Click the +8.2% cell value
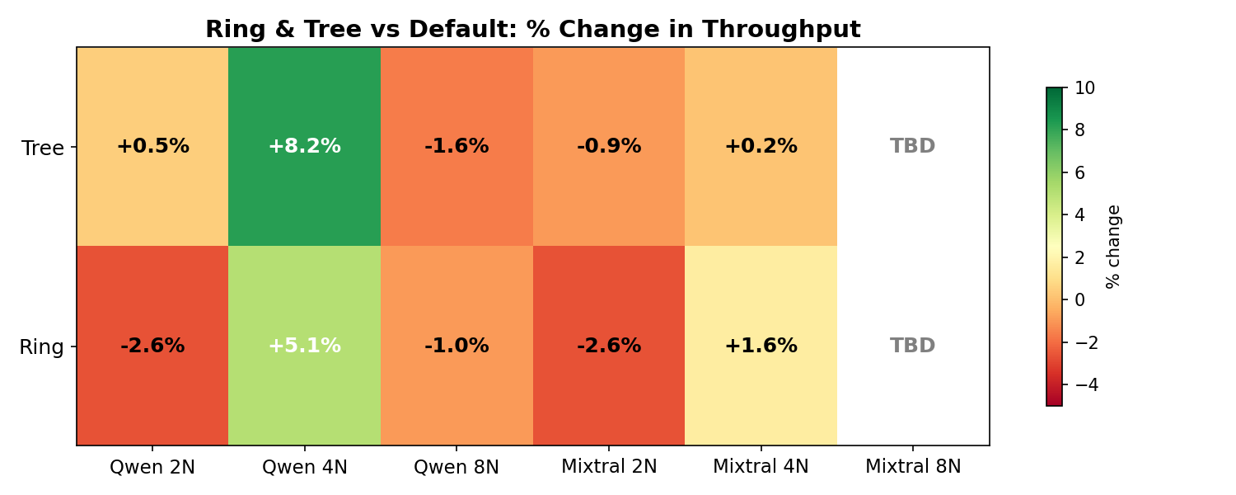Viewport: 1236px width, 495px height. pyautogui.click(x=304, y=147)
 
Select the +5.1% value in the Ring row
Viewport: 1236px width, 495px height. pyautogui.click(x=304, y=346)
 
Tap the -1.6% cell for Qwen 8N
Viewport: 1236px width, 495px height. pyautogui.click(x=456, y=147)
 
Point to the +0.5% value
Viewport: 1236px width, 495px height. pyautogui.click(x=152, y=147)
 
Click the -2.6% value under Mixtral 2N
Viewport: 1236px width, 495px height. pyautogui.click(x=609, y=346)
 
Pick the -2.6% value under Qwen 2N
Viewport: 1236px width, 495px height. pyautogui.click(x=152, y=346)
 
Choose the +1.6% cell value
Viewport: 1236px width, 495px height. pyautogui.click(x=761, y=346)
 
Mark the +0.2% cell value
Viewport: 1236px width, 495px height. pyautogui.click(x=761, y=147)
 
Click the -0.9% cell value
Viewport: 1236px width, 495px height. pyautogui.click(x=609, y=147)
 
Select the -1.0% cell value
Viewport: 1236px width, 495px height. pyautogui.click(x=456, y=346)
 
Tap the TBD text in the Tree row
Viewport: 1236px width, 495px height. pyautogui.click(x=913, y=147)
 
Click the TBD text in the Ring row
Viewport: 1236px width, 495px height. pyautogui.click(x=913, y=346)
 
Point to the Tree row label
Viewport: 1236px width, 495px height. pyautogui.click(x=43, y=148)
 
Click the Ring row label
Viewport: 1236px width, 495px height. pyautogui.click(x=41, y=347)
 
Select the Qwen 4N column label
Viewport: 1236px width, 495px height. pyautogui.click(x=304, y=467)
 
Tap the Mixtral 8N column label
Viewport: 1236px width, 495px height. pyautogui.click(x=913, y=467)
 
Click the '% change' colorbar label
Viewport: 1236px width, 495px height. pyautogui.click(x=1113, y=246)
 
